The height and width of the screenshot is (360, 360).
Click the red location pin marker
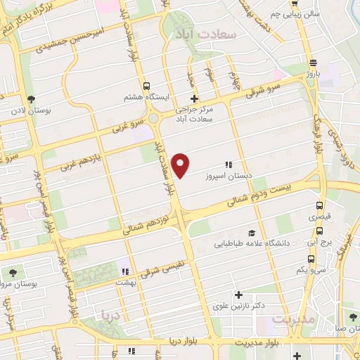coord(181,164)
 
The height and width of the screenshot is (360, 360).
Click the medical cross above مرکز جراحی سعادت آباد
coord(194,98)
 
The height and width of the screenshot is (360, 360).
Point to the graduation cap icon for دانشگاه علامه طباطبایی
coord(251,233)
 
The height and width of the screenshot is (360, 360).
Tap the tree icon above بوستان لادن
coord(30,99)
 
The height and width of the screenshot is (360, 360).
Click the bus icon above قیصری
coord(320,207)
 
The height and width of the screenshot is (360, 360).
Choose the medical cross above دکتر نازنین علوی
coord(239,295)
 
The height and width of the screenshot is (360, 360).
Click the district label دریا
coord(112,314)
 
